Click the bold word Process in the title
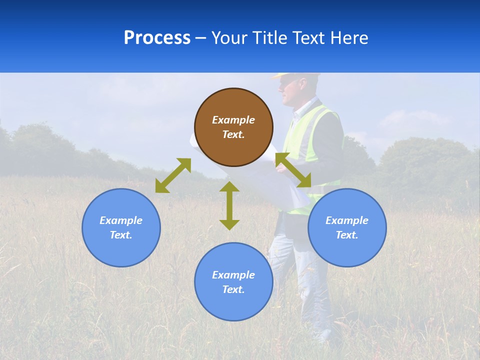coord(157,38)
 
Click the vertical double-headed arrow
coord(229,205)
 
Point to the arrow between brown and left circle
coord(173,175)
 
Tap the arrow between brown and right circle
coord(293,170)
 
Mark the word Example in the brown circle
coord(233,120)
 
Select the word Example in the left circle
coord(121,220)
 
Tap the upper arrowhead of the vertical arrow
coord(229,187)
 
